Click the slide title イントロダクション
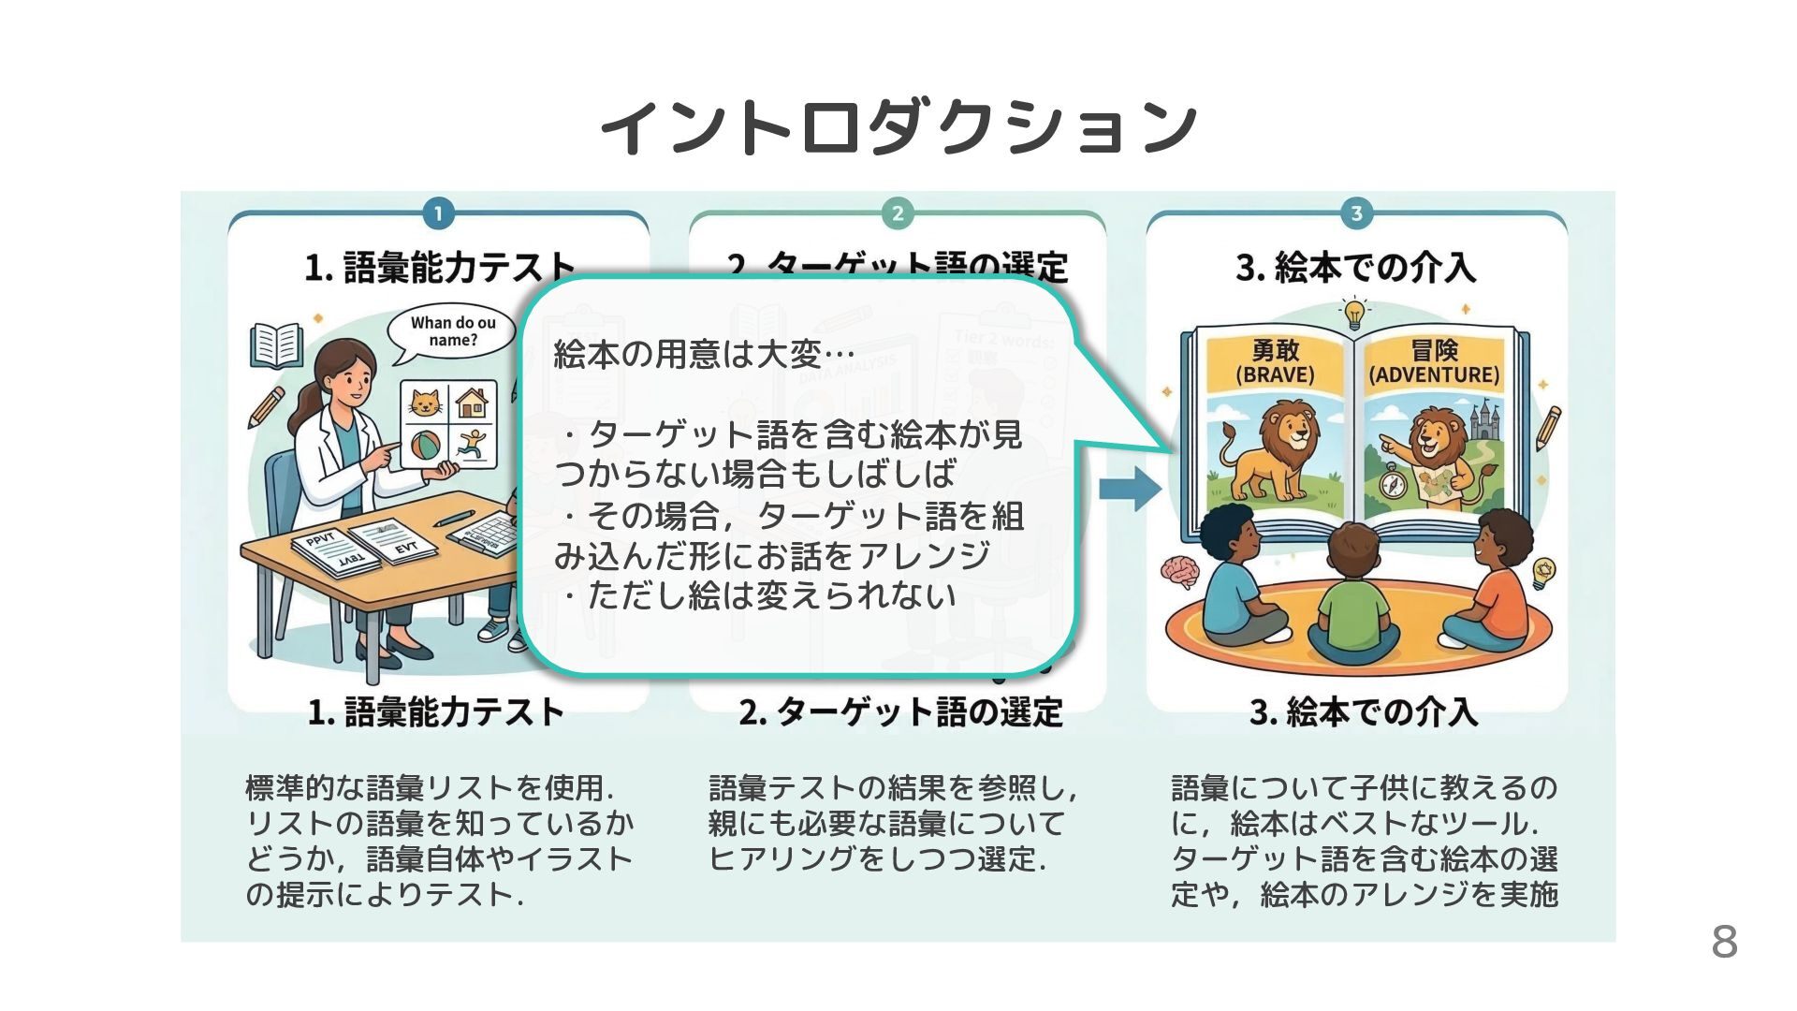tap(898, 125)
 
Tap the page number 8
tap(1724, 942)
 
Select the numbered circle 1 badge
tap(438, 213)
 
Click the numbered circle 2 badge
tap(897, 213)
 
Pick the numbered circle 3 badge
tap(1356, 213)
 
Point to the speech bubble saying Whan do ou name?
tap(453, 332)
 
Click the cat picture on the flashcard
tap(426, 404)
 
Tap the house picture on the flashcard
tap(472, 403)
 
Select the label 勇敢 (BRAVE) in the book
tap(1275, 362)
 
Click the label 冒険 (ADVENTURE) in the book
tap(1434, 362)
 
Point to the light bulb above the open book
tap(1354, 313)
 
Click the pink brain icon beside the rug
tap(1178, 570)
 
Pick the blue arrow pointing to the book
tap(1130, 488)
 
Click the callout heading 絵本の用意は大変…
tap(704, 355)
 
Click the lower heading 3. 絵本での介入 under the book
tap(1363, 712)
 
